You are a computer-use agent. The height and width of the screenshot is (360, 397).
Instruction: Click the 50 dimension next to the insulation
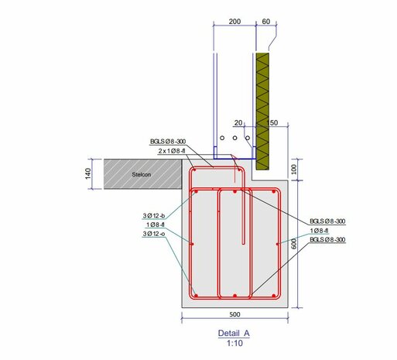tap(272, 122)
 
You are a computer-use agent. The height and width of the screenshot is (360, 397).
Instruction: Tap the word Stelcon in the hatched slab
tap(141, 174)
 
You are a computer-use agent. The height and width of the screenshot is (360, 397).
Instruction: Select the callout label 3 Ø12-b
tap(153, 214)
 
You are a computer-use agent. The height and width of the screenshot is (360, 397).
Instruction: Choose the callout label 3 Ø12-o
tap(153, 233)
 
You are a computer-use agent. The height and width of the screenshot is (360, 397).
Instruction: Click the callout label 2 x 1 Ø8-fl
tap(172, 151)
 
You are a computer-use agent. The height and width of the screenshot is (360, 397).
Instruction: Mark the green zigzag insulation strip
tap(262, 108)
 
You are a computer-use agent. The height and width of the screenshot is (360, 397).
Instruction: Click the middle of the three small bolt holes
tap(234, 139)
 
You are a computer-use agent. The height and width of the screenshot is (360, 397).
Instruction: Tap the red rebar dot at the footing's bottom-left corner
tap(197, 296)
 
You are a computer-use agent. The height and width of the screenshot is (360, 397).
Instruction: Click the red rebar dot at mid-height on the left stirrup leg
tap(191, 243)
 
